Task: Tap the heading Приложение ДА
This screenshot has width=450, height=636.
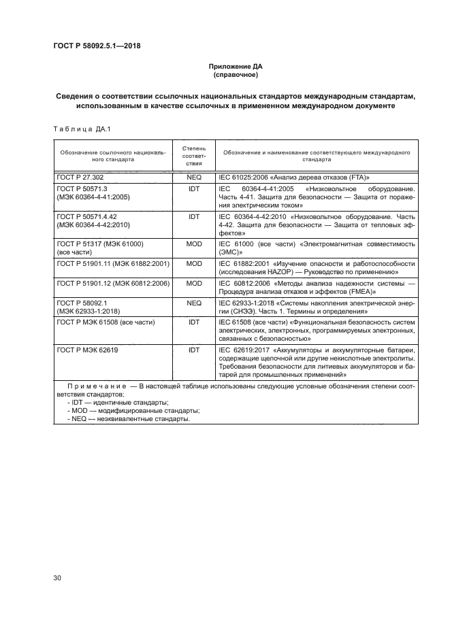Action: (235, 67)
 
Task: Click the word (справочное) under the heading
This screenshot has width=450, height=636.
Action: (235, 75)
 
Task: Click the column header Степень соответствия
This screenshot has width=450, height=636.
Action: (194, 155)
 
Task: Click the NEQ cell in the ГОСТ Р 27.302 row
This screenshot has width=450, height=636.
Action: (194, 177)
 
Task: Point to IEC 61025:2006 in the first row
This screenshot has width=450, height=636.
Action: (243, 177)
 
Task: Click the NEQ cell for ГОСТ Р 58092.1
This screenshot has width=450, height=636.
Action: (194, 301)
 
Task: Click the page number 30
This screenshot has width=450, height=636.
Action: (58, 578)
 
